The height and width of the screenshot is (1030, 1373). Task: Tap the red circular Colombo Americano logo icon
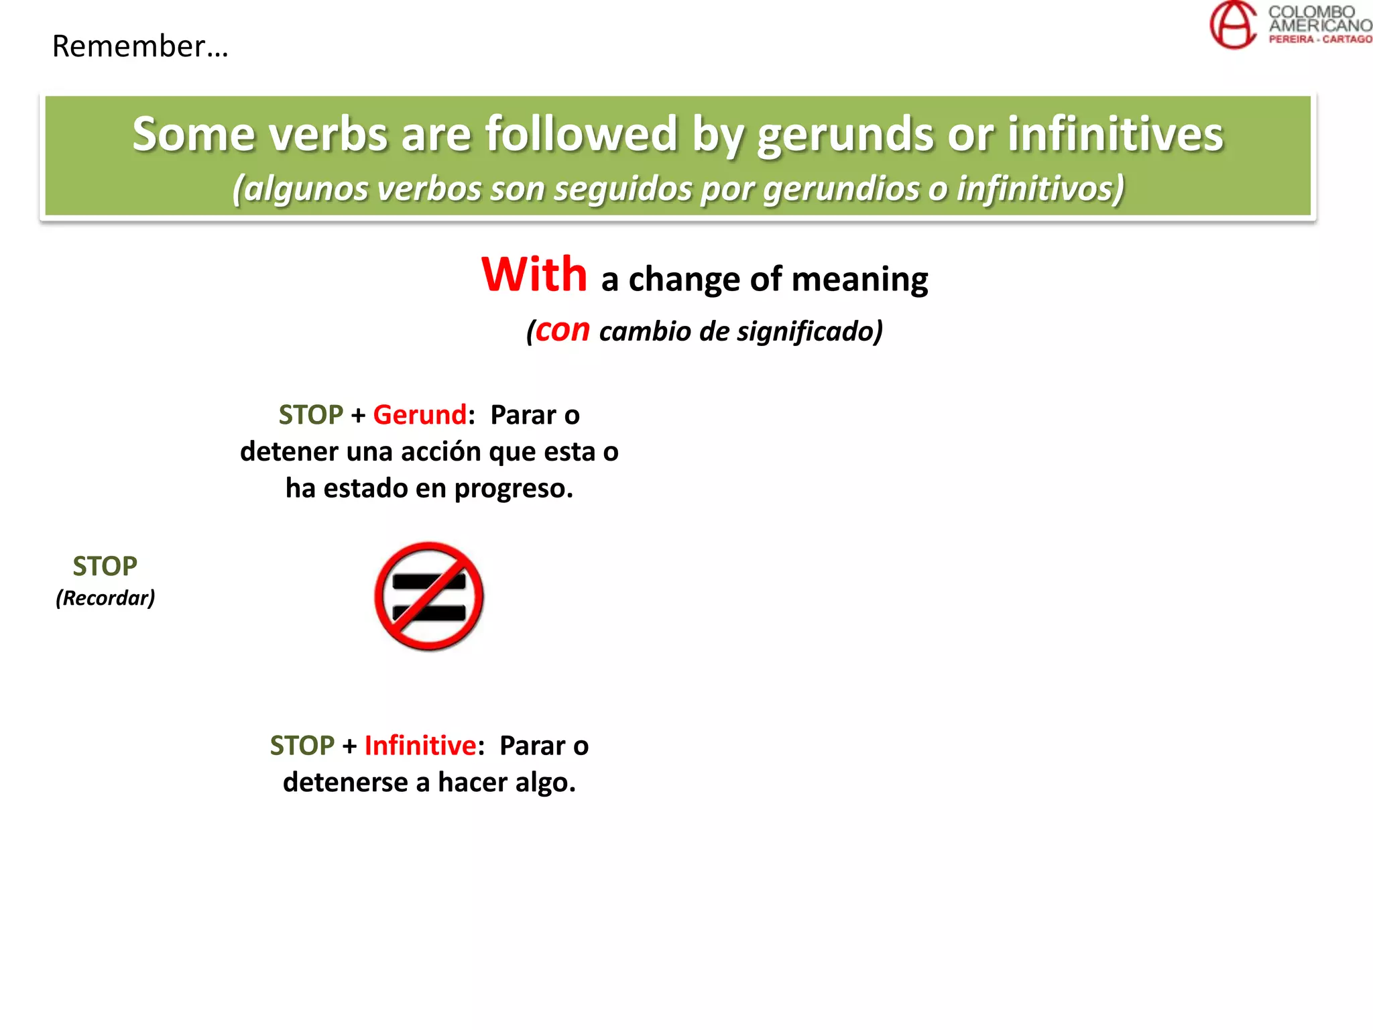point(1232,25)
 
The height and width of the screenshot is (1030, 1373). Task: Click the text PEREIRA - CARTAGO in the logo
point(1319,40)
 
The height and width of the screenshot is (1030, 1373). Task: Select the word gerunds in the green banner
point(845,134)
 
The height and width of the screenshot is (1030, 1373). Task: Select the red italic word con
point(562,330)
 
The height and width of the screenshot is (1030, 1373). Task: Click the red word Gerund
point(419,415)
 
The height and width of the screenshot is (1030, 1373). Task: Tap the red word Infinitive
point(420,746)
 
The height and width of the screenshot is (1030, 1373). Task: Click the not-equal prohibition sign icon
point(429,596)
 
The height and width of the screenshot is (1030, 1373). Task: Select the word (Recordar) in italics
point(105,597)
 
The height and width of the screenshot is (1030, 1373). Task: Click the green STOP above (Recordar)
point(105,567)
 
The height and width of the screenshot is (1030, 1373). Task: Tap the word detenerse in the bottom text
point(345,783)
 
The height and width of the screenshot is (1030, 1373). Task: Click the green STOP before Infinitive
point(302,746)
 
